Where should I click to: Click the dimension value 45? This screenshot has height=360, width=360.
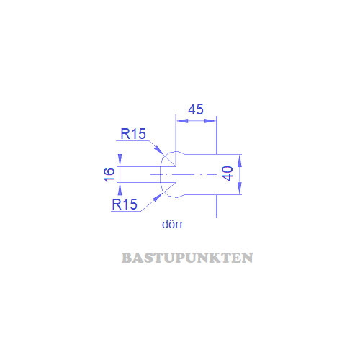click(196, 109)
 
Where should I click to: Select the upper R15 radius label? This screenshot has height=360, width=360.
click(133, 134)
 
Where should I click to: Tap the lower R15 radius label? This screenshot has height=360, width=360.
click(125, 204)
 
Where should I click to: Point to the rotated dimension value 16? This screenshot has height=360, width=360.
click(109, 175)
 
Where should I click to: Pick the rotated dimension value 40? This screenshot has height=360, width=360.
click(228, 174)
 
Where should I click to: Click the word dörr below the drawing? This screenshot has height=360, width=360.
click(173, 224)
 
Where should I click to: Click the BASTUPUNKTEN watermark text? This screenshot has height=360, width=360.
click(187, 258)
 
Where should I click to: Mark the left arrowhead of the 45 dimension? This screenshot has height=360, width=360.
click(182, 121)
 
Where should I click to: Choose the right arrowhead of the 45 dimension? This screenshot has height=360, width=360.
click(210, 121)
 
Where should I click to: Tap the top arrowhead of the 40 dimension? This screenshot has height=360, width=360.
click(239, 161)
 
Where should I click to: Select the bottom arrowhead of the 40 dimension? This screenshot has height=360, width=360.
click(239, 188)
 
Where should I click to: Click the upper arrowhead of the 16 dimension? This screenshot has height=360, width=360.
click(120, 160)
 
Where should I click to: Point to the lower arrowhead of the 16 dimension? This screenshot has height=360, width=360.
click(120, 189)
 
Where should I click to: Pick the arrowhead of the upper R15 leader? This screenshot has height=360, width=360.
click(159, 150)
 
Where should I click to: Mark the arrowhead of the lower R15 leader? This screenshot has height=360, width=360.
click(158, 197)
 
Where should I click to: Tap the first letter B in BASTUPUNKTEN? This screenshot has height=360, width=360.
click(126, 258)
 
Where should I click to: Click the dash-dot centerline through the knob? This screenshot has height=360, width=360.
click(184, 174)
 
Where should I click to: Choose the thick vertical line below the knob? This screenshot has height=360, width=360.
click(217, 206)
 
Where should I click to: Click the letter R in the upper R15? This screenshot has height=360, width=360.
click(125, 134)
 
